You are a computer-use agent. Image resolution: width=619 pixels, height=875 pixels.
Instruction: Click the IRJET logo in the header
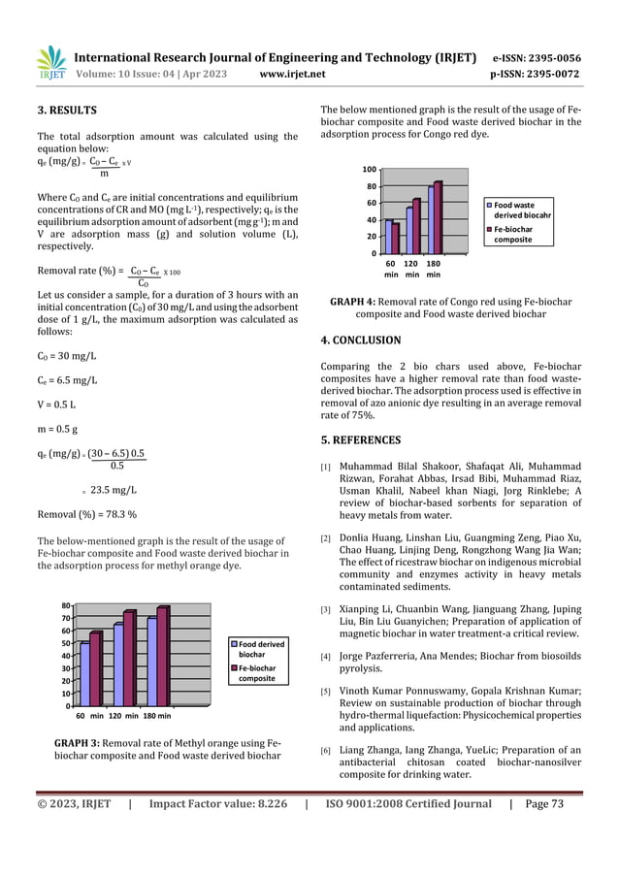[51, 64]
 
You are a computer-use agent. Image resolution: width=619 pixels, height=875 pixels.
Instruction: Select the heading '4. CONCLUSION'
[360, 340]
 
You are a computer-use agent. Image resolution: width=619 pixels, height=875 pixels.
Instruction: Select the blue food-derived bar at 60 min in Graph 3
[84, 673]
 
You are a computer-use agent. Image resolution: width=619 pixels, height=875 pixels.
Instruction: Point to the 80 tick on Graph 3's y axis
[63, 604]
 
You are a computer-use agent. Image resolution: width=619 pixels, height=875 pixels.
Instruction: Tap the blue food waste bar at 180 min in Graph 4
[431, 219]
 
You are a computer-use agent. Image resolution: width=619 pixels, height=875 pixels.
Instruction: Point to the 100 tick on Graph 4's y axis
[371, 169]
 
